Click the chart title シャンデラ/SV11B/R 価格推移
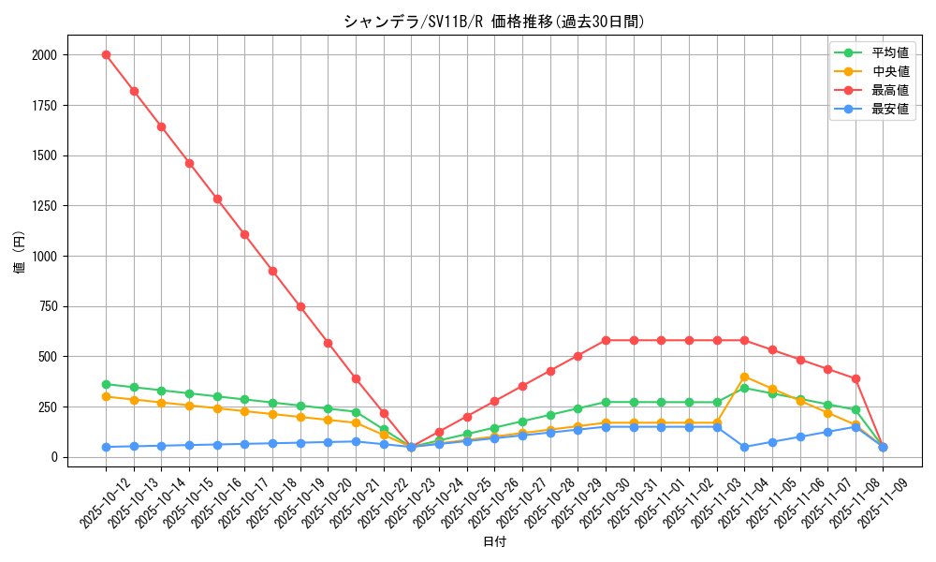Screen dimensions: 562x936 click(x=493, y=22)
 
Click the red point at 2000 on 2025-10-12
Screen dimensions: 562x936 click(x=106, y=54)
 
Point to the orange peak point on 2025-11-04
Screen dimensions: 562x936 click(x=744, y=377)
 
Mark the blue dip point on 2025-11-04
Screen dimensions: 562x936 click(x=744, y=447)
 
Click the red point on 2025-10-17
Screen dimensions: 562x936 click(x=244, y=234)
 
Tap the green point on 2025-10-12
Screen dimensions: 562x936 click(x=106, y=384)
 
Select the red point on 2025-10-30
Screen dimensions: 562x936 click(x=606, y=340)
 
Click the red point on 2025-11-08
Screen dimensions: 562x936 click(x=855, y=378)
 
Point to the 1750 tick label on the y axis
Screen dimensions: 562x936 click(x=44, y=106)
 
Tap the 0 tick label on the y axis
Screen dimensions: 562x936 click(x=54, y=457)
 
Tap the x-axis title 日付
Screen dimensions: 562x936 click(x=493, y=542)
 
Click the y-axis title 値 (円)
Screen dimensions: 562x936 click(x=20, y=256)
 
